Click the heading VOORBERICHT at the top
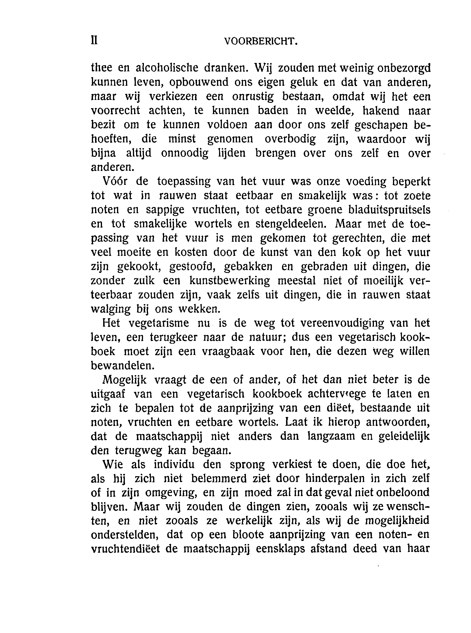pyautogui.click(x=261, y=42)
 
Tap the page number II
pyautogui.click(x=94, y=41)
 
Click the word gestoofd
pyautogui.click(x=192, y=267)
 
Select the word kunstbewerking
pyautogui.click(x=230, y=281)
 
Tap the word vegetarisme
pyautogui.click(x=158, y=323)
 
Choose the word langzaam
pyautogui.click(x=331, y=436)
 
